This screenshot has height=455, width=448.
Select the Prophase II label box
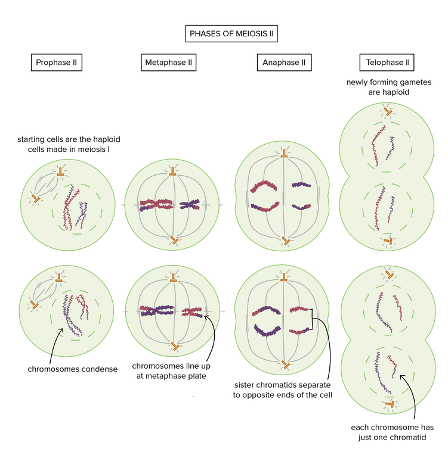[x=55, y=62]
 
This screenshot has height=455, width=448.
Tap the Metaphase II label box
[x=168, y=62]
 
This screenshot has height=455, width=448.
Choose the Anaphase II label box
[x=283, y=62]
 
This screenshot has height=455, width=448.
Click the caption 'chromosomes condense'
[x=73, y=369]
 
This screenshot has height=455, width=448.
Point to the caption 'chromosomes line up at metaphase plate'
[x=171, y=371]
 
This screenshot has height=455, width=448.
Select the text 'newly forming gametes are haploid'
[x=386, y=87]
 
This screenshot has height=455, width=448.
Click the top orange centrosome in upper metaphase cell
[x=172, y=171]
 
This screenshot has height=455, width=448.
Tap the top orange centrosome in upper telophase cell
[x=388, y=111]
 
